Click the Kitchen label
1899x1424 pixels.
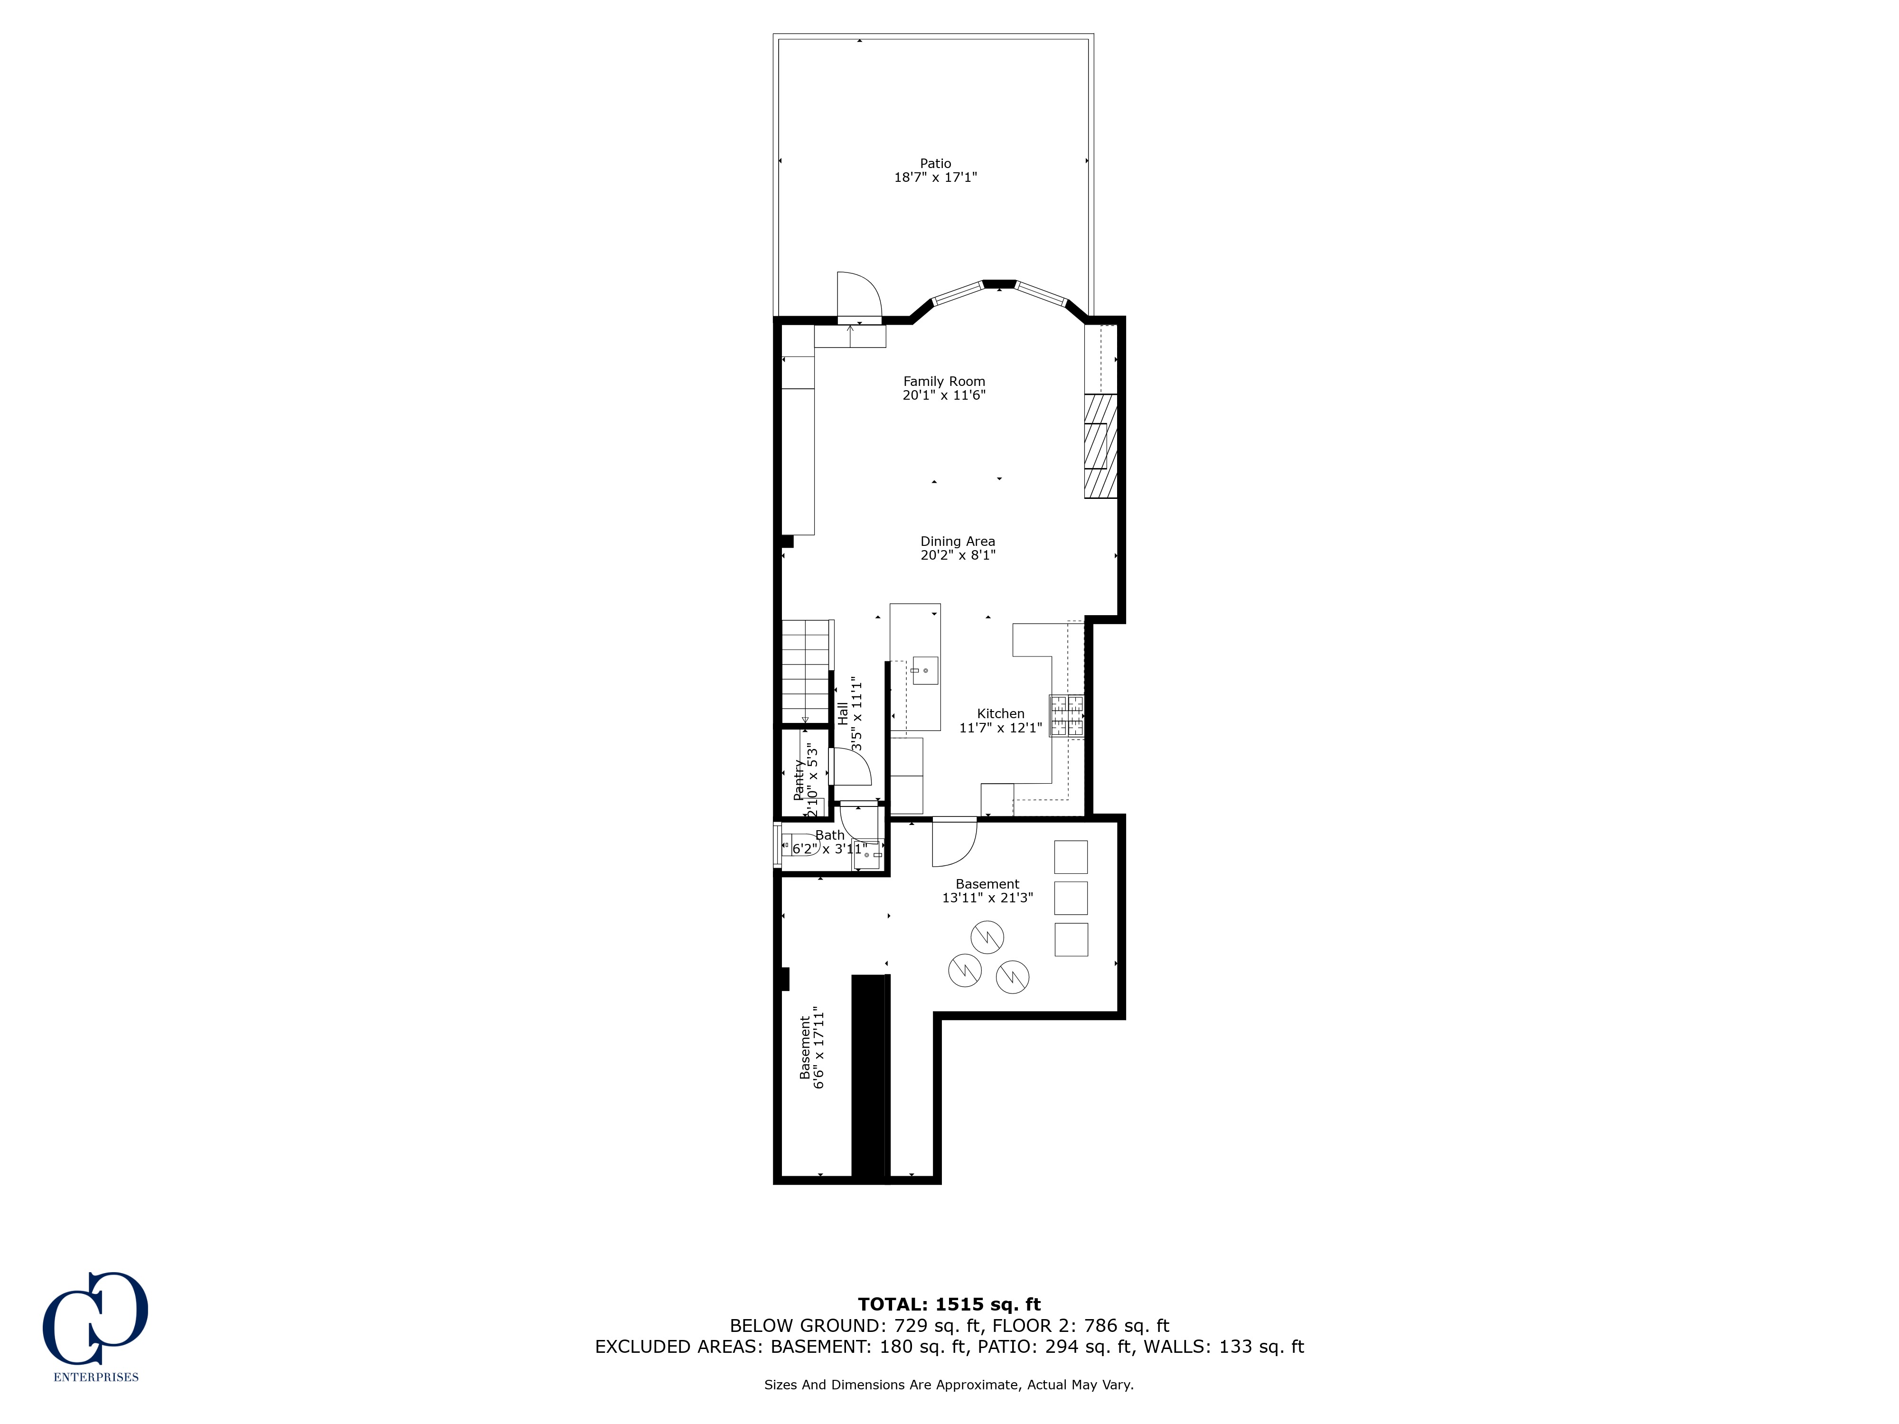[1000, 713]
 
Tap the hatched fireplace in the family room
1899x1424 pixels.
[1100, 446]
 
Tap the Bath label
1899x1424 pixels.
[829, 835]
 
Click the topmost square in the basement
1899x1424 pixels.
[1071, 857]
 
